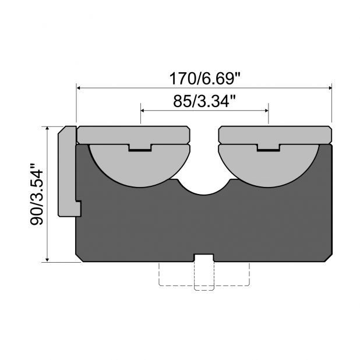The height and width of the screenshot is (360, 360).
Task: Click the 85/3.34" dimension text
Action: click(x=204, y=100)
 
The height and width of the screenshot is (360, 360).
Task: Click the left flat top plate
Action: click(x=133, y=135)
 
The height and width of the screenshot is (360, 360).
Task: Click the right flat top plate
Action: click(x=274, y=135)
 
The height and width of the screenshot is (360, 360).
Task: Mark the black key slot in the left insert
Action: click(x=140, y=150)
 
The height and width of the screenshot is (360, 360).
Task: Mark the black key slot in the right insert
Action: click(x=268, y=150)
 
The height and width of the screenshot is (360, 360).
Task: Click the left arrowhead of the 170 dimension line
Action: click(x=80, y=88)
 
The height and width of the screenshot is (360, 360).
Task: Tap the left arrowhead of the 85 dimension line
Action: click(x=144, y=109)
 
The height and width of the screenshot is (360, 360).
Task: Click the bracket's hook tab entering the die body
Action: click(x=78, y=208)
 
